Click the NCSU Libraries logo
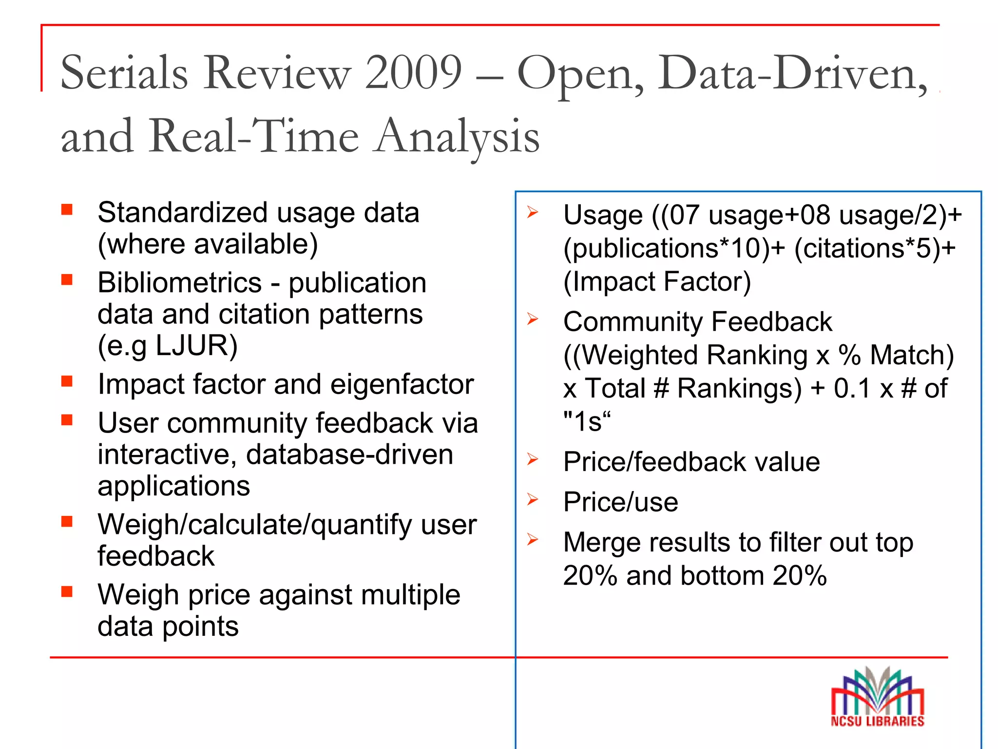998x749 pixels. (x=877, y=697)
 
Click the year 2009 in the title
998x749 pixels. (x=413, y=73)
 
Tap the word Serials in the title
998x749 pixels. (x=124, y=73)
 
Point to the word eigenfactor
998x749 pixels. (x=402, y=384)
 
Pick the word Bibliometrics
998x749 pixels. (x=180, y=283)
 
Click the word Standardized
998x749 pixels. (x=183, y=213)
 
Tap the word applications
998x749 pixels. (x=174, y=486)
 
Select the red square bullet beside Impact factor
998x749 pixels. (x=67, y=381)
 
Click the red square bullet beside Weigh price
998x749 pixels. (x=67, y=591)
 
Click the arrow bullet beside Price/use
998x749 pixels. (x=533, y=499)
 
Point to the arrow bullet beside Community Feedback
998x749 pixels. (x=533, y=319)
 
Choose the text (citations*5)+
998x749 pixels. (x=875, y=248)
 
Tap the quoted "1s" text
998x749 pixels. (x=586, y=421)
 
